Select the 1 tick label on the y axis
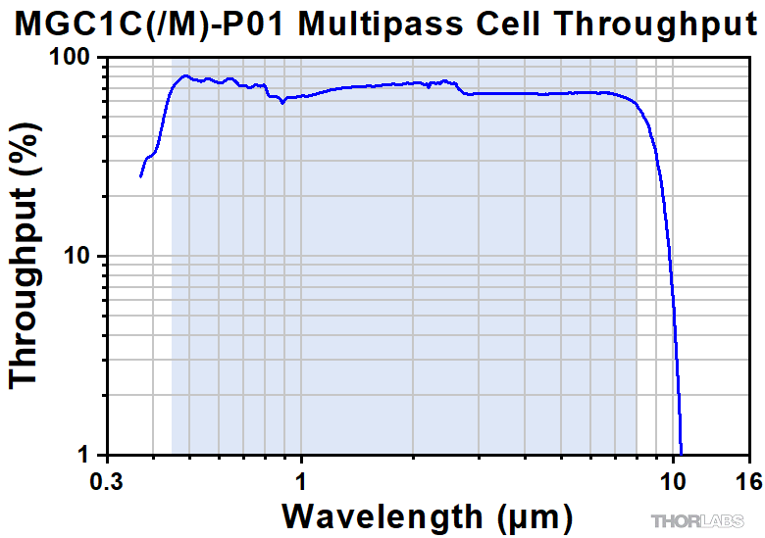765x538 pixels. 84,455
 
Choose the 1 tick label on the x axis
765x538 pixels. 301,481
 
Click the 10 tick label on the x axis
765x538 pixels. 673,481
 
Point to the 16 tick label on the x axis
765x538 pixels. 748,481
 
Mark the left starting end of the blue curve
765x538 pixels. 140,176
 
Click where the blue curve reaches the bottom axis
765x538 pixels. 681,453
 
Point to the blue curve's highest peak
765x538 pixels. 183,75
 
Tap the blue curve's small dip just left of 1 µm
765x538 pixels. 282,101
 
